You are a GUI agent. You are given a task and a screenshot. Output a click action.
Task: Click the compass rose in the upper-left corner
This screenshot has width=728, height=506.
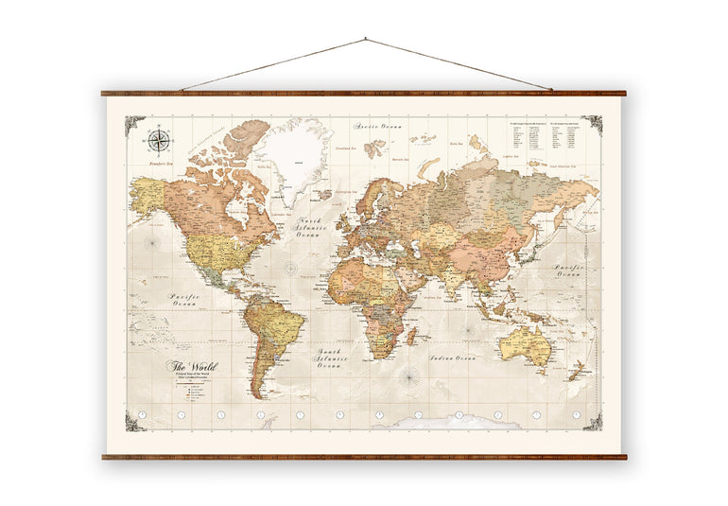159,141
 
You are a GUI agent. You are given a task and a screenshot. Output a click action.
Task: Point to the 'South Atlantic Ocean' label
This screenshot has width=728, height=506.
334,358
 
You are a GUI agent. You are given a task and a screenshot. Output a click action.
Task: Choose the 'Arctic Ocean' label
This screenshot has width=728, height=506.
374,125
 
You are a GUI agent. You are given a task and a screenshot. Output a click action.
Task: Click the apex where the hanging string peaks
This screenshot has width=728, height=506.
365,40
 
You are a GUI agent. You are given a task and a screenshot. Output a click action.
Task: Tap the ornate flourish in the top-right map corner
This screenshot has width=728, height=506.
592,124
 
